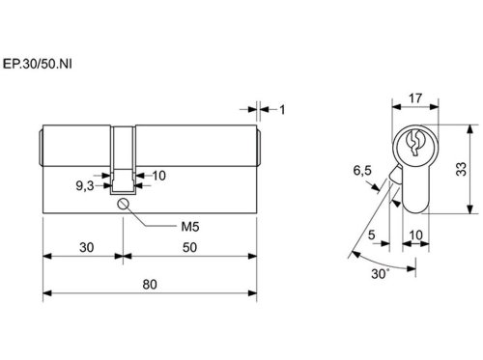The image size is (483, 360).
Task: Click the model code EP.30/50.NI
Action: tap(38, 64)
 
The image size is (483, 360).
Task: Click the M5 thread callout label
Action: tap(190, 227)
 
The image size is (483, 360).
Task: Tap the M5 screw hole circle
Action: tap(123, 204)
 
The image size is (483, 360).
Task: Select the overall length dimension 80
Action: tap(150, 285)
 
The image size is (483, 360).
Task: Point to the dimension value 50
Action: tap(189, 247)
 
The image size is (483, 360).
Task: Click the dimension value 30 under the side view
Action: tap(87, 247)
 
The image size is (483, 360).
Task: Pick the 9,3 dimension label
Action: tap(85, 185)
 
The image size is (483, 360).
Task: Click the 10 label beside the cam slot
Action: tap(158, 176)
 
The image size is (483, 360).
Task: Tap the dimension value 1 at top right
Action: tap(282, 110)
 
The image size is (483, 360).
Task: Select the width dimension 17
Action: tap(415, 98)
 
